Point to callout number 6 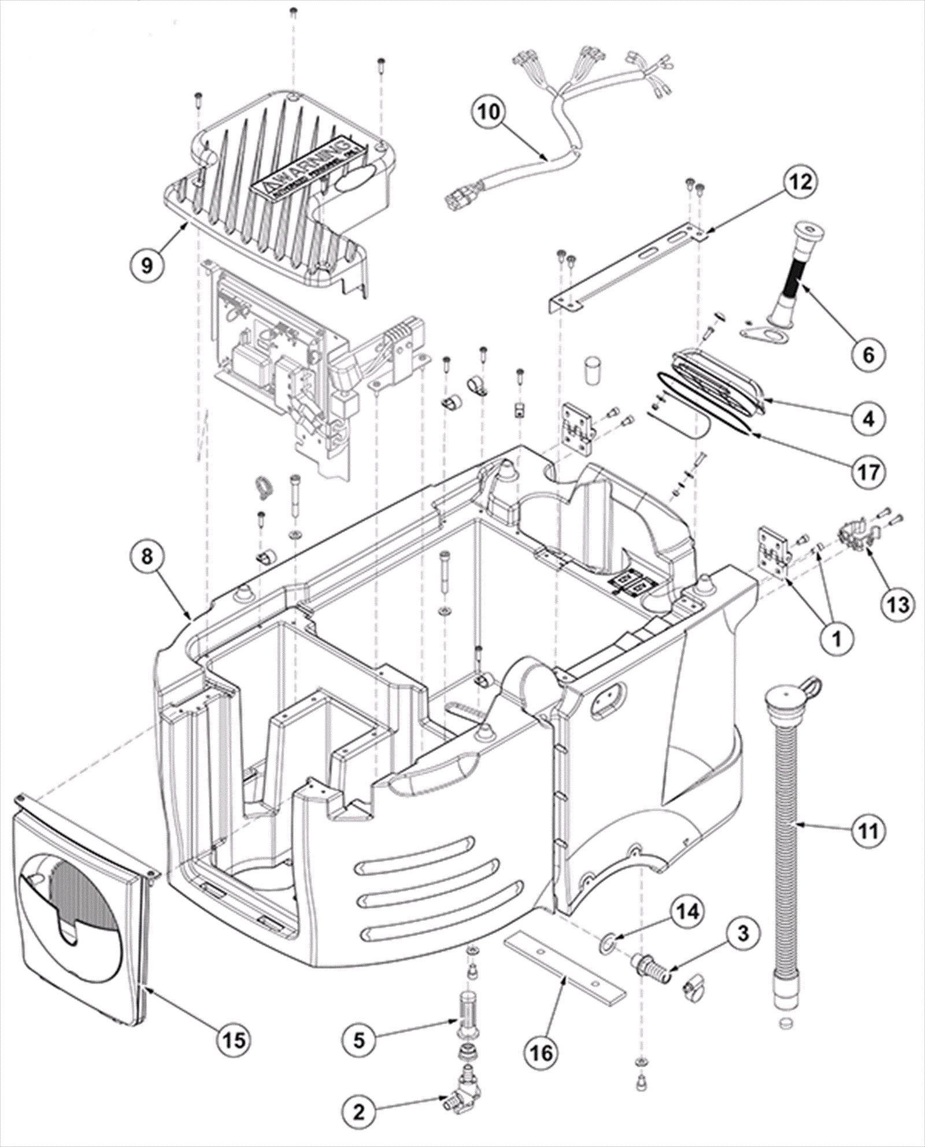(x=869, y=354)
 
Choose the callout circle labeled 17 (x=868, y=472)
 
